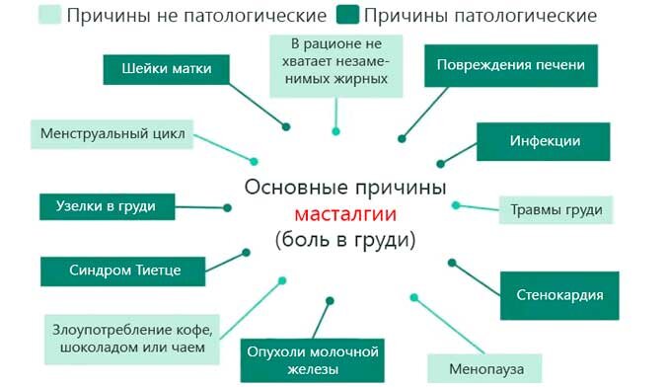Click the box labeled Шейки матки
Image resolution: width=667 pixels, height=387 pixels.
click(x=166, y=69)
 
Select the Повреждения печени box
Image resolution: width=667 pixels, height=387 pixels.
click(x=505, y=65)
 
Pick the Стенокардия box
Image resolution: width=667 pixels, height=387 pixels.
click(x=559, y=294)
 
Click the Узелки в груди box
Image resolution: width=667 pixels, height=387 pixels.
click(x=107, y=206)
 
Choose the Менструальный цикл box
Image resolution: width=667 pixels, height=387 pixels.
click(x=112, y=133)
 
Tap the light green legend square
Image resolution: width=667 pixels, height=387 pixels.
click(x=48, y=16)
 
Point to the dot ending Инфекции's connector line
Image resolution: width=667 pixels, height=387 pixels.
click(x=440, y=163)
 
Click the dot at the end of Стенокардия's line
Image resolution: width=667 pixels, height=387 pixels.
click(x=452, y=263)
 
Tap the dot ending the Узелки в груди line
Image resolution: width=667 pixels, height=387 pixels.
click(x=227, y=207)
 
